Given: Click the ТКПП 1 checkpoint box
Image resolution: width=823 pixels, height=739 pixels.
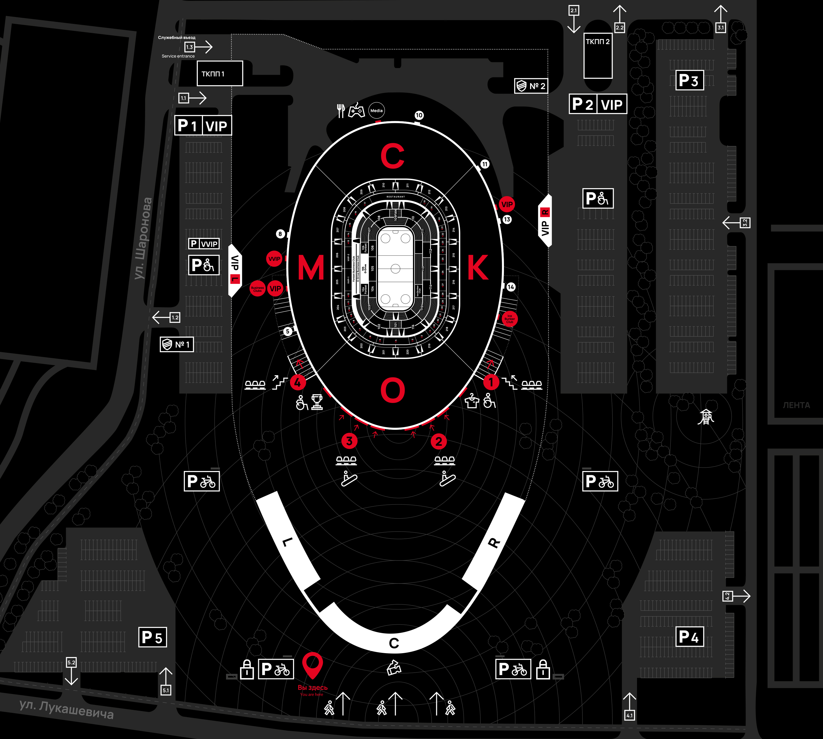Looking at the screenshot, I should point(220,74).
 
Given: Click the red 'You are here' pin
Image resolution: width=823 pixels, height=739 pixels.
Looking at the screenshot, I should point(312,664).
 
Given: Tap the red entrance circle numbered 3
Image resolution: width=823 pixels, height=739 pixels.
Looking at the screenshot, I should point(349,441).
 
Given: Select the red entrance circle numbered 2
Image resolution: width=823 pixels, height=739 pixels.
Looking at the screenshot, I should point(438,441).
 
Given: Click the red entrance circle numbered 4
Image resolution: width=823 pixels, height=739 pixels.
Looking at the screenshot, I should point(298,382).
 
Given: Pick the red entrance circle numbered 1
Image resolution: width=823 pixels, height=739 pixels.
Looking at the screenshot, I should point(491,382).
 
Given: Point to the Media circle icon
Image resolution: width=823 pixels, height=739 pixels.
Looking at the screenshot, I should point(376,111).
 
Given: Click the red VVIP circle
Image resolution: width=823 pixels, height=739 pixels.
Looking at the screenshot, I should point(274,259).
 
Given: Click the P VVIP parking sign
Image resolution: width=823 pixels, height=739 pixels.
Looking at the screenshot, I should point(204,244).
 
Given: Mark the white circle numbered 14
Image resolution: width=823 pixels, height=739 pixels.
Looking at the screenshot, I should point(511,287).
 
